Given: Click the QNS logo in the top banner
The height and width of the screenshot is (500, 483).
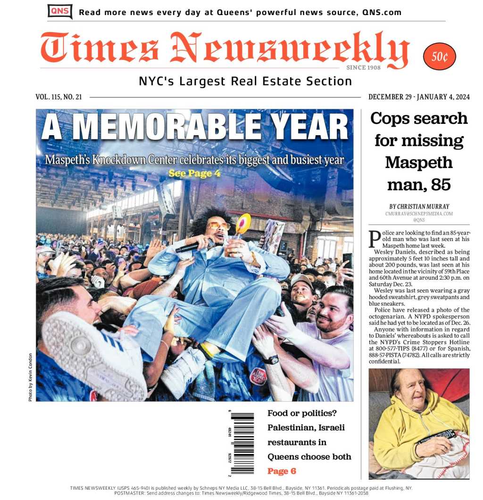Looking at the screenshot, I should [x=60, y=11].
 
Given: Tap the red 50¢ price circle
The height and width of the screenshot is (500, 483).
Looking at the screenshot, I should [x=440, y=57].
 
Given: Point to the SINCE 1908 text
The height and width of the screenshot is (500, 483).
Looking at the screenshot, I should [x=363, y=68].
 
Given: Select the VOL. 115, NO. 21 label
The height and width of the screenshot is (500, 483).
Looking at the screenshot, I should [x=58, y=97].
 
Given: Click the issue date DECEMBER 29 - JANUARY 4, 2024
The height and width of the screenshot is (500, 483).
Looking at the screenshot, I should [x=419, y=97].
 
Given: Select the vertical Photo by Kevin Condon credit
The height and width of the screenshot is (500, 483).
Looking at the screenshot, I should [x=30, y=377].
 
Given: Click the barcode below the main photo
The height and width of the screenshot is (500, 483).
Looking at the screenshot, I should [x=242, y=443].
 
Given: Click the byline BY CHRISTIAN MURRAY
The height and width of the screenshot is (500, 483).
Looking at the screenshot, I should [x=419, y=206].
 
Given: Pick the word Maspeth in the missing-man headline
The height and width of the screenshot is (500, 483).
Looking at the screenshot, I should [x=419, y=162].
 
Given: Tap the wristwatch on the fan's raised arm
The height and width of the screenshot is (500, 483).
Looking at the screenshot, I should [x=272, y=360].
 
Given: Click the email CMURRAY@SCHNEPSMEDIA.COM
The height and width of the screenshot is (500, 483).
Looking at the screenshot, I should [x=419, y=214].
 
